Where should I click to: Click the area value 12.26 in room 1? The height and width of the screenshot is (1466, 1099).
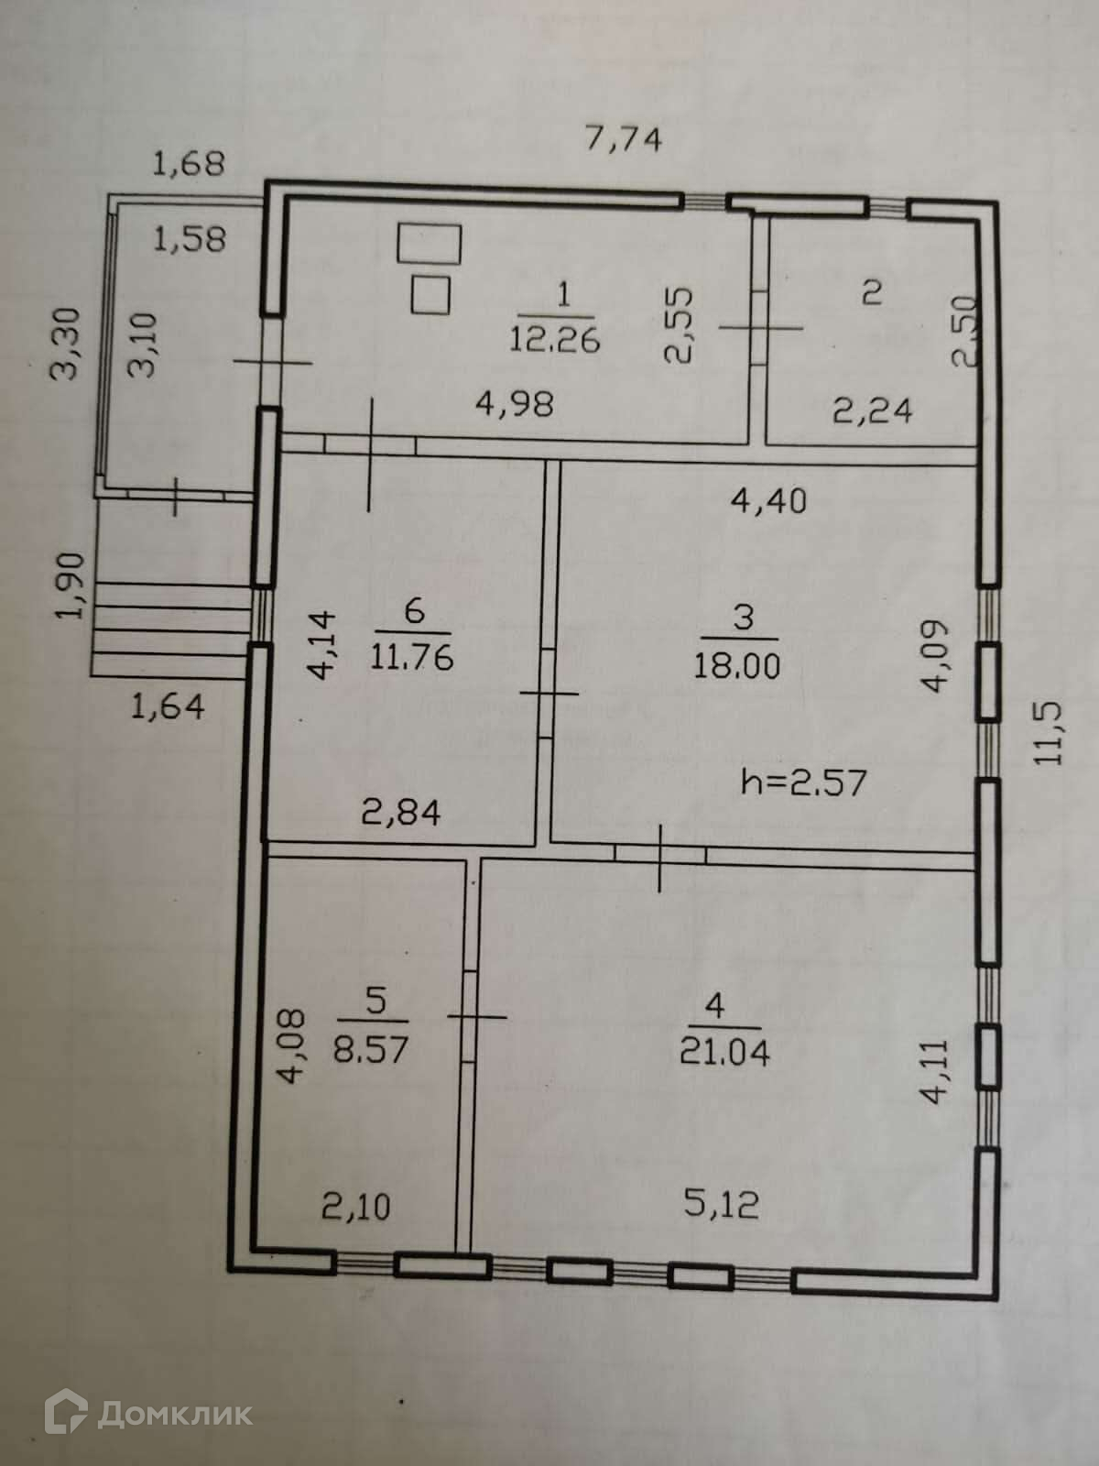tap(555, 340)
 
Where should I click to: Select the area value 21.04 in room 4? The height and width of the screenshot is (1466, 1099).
tap(724, 1051)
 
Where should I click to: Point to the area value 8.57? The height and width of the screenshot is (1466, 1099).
tap(370, 1047)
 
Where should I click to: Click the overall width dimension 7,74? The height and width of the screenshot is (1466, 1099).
tap(623, 140)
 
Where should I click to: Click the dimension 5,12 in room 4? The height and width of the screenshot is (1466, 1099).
tap(721, 1204)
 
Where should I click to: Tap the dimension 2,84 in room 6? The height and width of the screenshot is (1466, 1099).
tap(403, 812)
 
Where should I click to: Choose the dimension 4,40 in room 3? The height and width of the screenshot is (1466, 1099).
tap(768, 500)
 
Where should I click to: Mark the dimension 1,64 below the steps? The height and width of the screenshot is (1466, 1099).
tap(168, 706)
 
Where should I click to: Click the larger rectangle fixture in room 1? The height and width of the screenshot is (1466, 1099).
tap(430, 244)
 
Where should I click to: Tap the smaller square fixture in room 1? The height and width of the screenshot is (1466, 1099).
tap(430, 294)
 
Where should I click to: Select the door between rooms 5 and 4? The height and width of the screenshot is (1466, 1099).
tap(468, 1016)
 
